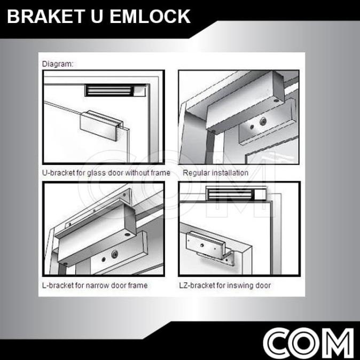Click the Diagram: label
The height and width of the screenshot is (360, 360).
pyautogui.click(x=58, y=64)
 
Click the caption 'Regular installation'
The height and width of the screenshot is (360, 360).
pyautogui.click(x=215, y=173)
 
